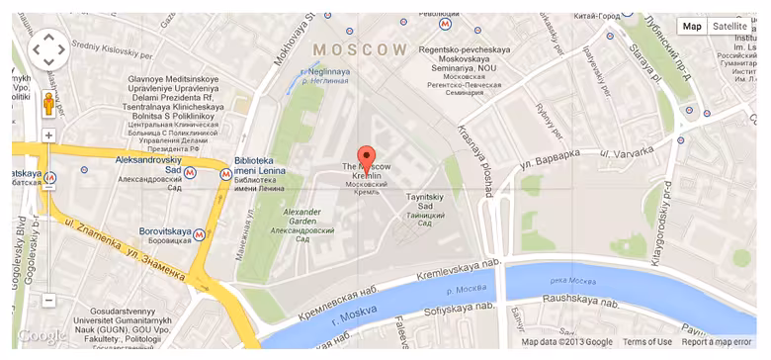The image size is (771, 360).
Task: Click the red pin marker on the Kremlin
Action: (x=366, y=157)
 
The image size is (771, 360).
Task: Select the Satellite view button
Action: (x=731, y=27)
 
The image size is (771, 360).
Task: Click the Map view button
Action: (x=692, y=27)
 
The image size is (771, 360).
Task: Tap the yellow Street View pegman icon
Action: (x=48, y=104)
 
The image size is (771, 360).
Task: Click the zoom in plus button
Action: (x=48, y=135)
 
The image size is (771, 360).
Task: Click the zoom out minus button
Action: (x=48, y=300)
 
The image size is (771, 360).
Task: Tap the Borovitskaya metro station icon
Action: (x=201, y=234)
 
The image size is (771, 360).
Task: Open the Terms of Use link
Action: (x=647, y=342)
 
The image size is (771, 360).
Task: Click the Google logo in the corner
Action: (x=41, y=336)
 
